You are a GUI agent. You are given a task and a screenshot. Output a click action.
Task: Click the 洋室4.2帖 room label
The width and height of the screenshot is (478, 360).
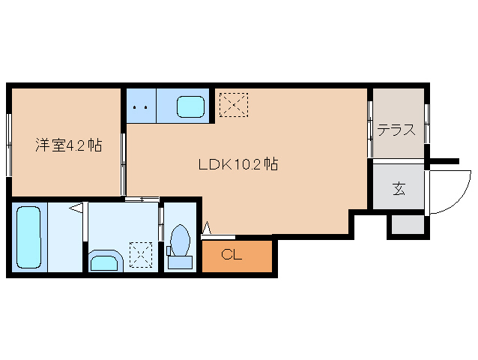pos(68,145)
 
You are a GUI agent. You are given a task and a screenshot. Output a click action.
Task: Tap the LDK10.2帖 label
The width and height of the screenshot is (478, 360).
pos(238,164)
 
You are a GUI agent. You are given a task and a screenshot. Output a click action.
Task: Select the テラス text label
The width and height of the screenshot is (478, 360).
pos(396,129)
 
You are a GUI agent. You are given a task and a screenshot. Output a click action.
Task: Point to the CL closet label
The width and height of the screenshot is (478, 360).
pos(232,255)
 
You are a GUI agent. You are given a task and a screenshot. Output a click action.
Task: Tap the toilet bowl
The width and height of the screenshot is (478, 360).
pos(179,239)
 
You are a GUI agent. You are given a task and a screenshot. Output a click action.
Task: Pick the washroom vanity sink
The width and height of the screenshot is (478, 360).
pos(103,262)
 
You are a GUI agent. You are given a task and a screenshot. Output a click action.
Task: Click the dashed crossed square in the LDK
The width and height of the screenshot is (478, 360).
pos(234,104)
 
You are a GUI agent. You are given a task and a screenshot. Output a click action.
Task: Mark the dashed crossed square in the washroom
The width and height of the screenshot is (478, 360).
pos(140,254)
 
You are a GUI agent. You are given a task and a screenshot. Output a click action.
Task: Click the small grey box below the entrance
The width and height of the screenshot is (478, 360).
pos(406,224)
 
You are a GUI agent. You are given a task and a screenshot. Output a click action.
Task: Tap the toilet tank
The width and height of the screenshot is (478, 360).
pos(179,261)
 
